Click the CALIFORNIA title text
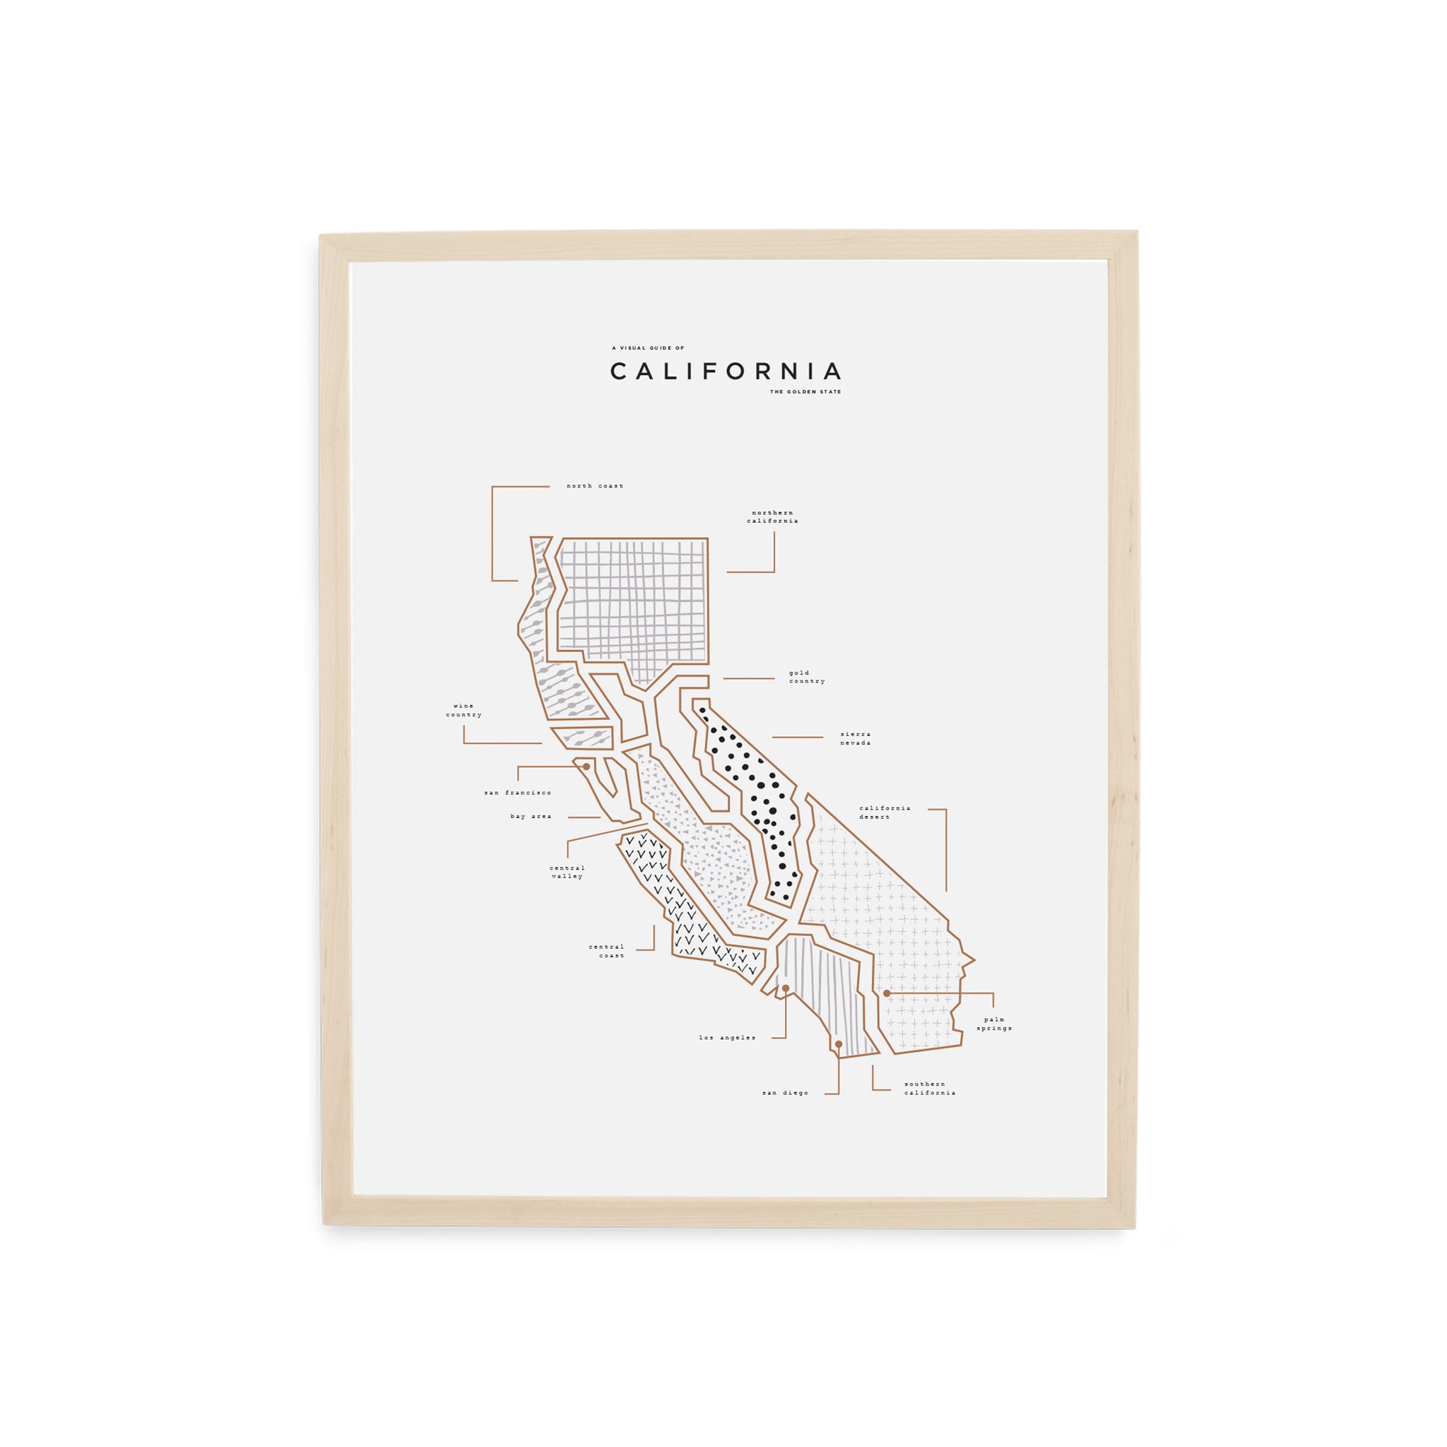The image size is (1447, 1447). click(x=725, y=372)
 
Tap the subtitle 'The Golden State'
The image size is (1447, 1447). click(x=805, y=391)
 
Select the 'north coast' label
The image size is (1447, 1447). click(x=595, y=486)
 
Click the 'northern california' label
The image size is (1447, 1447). click(x=772, y=516)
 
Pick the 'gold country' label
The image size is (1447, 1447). click(x=807, y=677)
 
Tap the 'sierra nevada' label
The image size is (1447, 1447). click(x=856, y=738)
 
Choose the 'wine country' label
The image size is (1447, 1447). click(x=463, y=710)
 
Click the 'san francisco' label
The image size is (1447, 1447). click(x=517, y=793)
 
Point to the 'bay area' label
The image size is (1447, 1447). click(x=531, y=816)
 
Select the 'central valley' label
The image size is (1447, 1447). click(x=567, y=872)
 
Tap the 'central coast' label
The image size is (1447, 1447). click(x=606, y=951)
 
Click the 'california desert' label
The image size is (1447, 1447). click(x=885, y=812)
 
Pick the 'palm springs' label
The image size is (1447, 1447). click(x=994, y=1024)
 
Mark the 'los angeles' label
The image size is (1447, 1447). click(x=727, y=1038)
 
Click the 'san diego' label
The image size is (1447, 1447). click(x=785, y=1094)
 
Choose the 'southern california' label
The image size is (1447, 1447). click(x=930, y=1088)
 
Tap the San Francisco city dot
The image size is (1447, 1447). click(x=586, y=766)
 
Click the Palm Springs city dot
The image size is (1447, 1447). click(x=887, y=993)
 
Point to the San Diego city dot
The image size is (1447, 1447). click(x=838, y=1044)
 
